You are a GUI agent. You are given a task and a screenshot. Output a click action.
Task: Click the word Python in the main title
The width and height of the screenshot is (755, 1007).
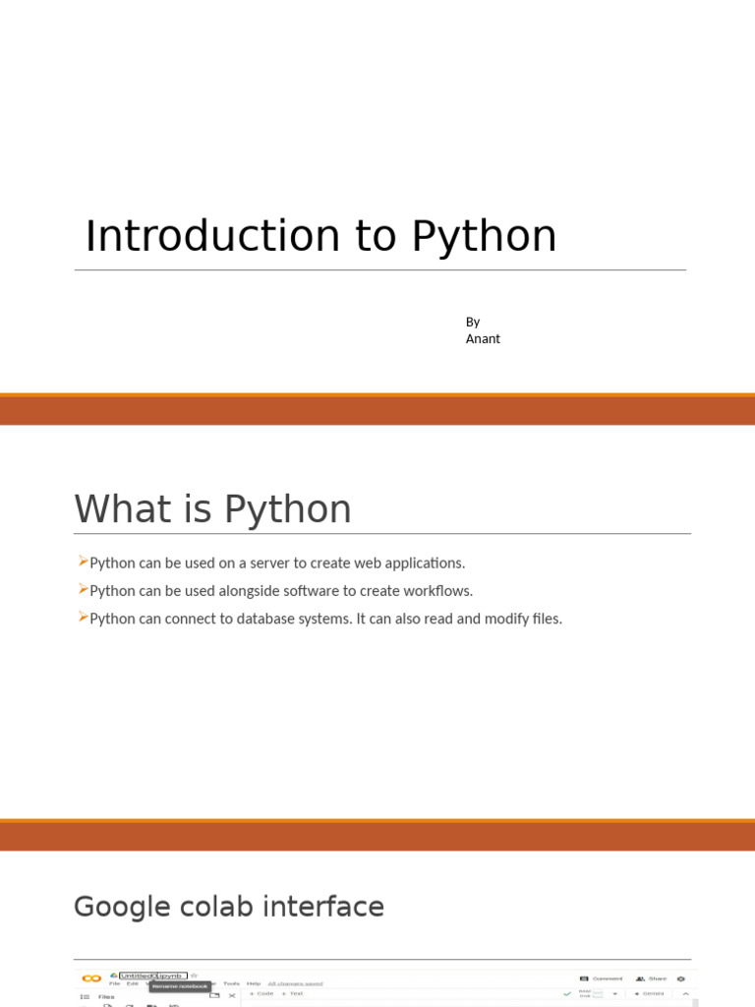pos(484,237)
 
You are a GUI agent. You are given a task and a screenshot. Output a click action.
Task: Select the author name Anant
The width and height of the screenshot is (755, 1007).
pos(483,338)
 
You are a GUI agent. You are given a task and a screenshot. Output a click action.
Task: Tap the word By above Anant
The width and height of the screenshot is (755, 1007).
pos(473,322)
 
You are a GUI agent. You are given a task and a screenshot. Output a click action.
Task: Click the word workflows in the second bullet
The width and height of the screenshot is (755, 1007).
pos(437,591)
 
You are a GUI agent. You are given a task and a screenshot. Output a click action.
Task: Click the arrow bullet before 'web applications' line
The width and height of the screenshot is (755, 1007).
pos(83,562)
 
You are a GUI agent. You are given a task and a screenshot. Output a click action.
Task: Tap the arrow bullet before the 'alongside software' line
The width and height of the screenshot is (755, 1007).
pos(83,589)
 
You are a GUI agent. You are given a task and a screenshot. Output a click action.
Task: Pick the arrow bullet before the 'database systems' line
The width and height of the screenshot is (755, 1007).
pos(83,617)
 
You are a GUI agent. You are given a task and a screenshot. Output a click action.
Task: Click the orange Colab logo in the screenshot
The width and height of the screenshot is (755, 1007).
pos(91,978)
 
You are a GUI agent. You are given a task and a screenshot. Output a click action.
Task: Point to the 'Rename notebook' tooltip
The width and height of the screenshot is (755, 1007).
pos(179,986)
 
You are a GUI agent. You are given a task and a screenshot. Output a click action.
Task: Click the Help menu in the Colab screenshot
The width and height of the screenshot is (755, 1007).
pos(254,983)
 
